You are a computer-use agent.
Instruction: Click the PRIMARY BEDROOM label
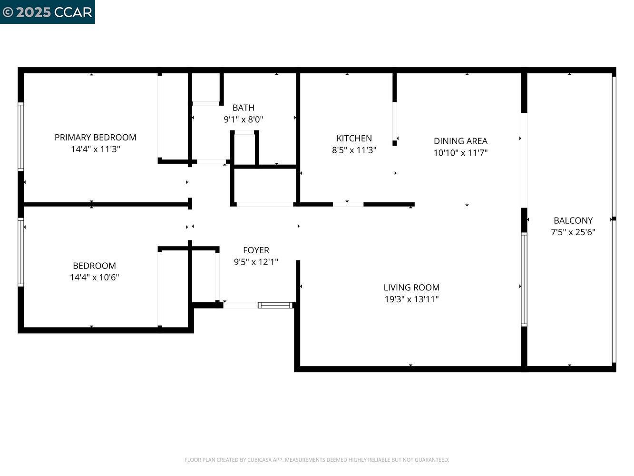click(95, 138)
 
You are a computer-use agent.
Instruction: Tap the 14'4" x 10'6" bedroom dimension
click(94, 278)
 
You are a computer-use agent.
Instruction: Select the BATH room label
click(243, 108)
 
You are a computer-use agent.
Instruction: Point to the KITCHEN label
click(354, 139)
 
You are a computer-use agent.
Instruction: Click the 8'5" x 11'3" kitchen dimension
click(354, 150)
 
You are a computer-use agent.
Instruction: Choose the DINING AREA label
click(460, 141)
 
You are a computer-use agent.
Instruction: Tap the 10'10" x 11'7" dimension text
click(460, 153)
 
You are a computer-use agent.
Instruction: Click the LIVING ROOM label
click(411, 288)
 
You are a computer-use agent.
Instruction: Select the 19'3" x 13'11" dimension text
click(411, 299)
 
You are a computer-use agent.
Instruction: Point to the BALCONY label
click(573, 220)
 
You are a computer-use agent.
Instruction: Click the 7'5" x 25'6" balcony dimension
click(573, 232)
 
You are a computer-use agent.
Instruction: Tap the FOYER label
click(256, 250)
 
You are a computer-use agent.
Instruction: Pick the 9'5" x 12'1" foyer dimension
click(256, 262)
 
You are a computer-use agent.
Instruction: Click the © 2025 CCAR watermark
click(47, 12)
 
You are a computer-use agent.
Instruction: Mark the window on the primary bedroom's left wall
click(20, 137)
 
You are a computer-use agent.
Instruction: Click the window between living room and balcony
click(524, 279)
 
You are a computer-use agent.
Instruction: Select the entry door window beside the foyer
click(275, 305)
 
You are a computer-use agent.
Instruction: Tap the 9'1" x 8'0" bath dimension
click(243, 119)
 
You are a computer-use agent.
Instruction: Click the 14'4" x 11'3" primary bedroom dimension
click(95, 149)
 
